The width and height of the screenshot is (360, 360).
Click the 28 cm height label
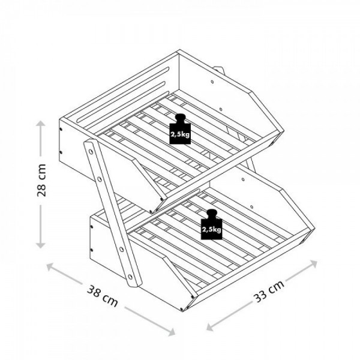coord(41,180)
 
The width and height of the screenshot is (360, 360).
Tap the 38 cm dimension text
coord(103,296)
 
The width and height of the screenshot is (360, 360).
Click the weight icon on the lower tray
coord(211,224)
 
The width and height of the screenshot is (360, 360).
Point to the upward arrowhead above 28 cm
coord(41,124)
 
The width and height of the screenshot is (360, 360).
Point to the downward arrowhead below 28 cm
coord(41,245)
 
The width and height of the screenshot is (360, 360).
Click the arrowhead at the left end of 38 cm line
coord(50,266)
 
